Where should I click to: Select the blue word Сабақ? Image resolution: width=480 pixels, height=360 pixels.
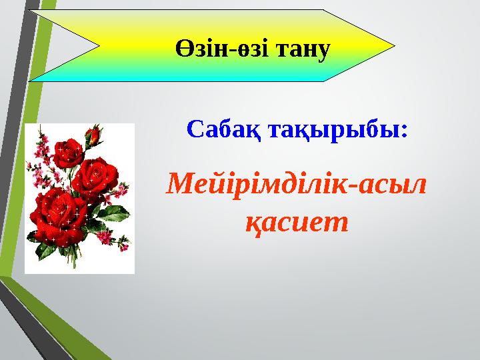(224, 129)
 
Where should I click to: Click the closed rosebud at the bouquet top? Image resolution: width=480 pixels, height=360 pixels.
(95, 135)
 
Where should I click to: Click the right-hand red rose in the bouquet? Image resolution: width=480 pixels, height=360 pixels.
(95, 178)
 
